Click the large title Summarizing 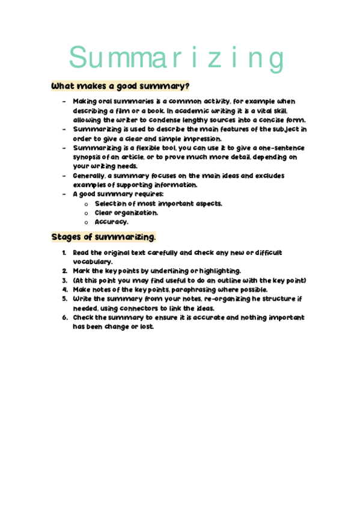[x=176, y=58]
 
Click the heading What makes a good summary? [x=120, y=86]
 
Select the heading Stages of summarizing [x=103, y=236]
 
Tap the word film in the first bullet [x=130, y=111]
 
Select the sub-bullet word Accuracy [x=111, y=221]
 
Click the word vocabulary [x=93, y=262]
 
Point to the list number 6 [x=64, y=317]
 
